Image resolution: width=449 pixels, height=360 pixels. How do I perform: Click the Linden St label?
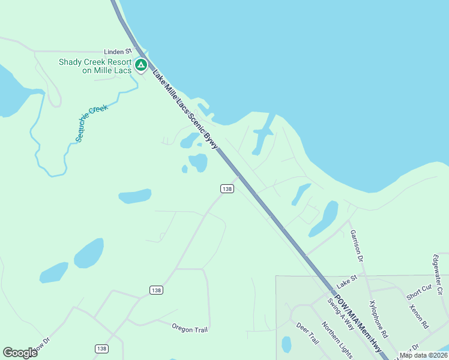(118, 52)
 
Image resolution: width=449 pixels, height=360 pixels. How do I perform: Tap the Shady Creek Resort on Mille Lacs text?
(95, 66)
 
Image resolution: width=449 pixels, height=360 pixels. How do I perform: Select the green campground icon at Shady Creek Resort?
(141, 65)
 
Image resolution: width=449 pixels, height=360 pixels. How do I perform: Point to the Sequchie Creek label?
(91, 123)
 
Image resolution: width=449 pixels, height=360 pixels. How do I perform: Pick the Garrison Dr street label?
(357, 245)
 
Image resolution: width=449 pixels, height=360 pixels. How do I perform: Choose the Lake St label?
(346, 280)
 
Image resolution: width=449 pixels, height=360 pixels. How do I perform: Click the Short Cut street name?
(418, 292)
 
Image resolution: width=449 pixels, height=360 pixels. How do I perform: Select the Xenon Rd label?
(418, 316)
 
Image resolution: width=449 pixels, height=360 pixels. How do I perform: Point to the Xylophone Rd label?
(379, 318)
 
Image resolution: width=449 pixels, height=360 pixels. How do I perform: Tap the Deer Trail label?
(307, 334)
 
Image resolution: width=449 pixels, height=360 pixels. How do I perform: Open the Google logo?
(20, 353)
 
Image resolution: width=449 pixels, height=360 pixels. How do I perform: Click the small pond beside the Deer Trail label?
(286, 344)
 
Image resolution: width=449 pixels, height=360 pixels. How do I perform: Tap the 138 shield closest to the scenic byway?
(226, 188)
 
